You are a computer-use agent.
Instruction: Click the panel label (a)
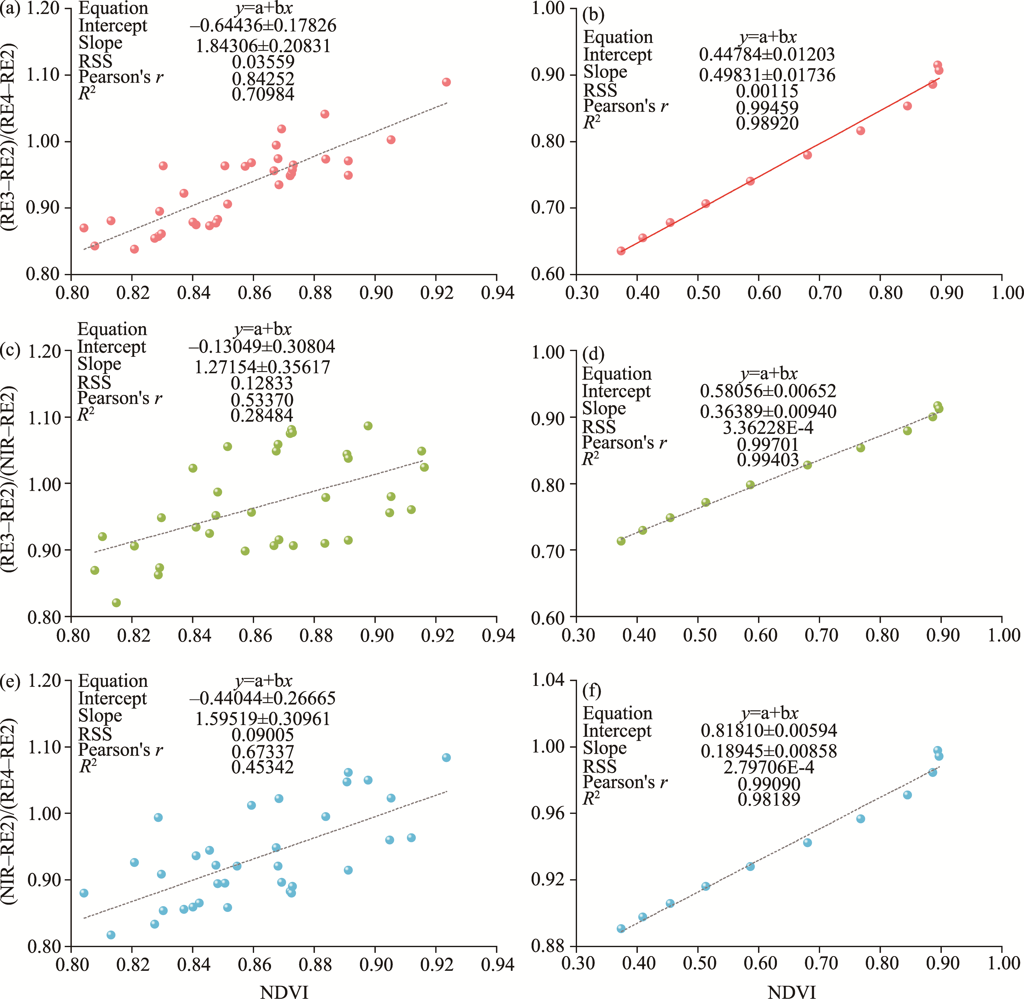(x=10, y=9)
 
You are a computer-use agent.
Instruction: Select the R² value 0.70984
(x=263, y=95)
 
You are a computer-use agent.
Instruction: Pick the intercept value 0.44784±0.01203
(x=767, y=55)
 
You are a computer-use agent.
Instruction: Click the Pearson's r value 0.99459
(x=767, y=108)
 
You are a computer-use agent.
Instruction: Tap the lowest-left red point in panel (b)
(x=621, y=251)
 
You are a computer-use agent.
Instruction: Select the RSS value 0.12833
(x=262, y=383)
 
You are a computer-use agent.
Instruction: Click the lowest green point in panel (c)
(x=116, y=603)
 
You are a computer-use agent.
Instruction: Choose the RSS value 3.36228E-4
(x=768, y=428)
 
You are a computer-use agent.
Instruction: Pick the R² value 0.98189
(x=769, y=800)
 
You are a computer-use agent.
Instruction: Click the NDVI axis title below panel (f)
(x=791, y=992)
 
